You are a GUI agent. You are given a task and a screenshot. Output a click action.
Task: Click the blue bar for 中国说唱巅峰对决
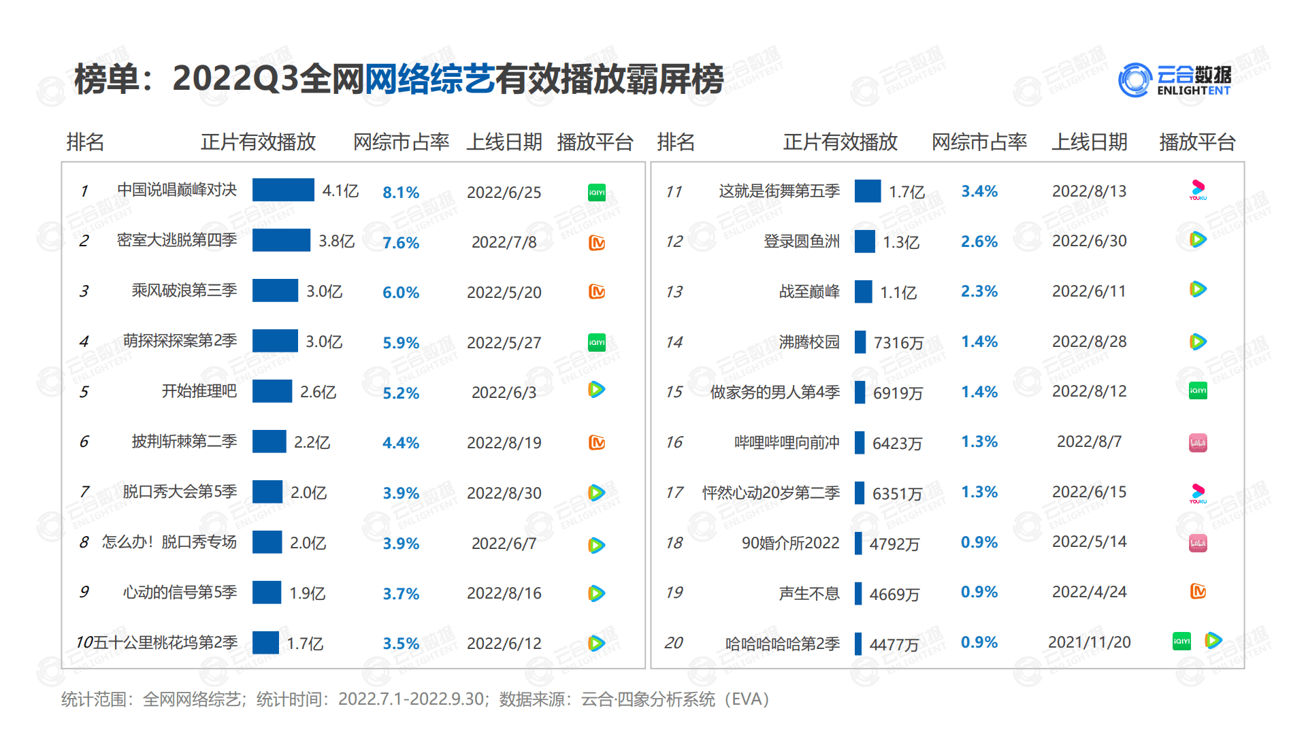pos(283,190)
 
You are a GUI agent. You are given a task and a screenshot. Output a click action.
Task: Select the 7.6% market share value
pos(401,243)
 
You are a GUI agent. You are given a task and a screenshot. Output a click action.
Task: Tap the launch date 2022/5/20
pos(504,293)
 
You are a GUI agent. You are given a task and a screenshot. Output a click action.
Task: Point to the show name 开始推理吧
pos(199,392)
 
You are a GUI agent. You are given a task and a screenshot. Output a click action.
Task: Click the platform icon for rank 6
pos(597,443)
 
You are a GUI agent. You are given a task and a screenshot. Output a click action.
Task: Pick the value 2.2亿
pos(312,443)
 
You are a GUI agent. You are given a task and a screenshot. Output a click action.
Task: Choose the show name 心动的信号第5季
pos(180,593)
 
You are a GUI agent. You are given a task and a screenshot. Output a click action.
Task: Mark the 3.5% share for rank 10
pos(401,644)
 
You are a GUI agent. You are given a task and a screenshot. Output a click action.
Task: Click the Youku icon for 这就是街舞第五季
pos(1198,190)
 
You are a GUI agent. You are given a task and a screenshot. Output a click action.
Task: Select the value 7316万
pos(898,342)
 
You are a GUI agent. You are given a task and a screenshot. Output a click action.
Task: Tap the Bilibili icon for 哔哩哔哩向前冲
pos(1198,443)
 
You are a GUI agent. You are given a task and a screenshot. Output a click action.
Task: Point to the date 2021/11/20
pos(1089,642)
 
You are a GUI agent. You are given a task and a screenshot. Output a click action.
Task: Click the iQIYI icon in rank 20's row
pos(1181,641)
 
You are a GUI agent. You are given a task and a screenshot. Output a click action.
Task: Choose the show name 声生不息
pos(809,594)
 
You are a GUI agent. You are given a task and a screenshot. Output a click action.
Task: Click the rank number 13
pos(674,292)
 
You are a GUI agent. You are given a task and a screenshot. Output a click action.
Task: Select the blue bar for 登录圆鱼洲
pos(865,241)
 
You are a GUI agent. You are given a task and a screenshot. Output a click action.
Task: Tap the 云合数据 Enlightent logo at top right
pos(1174,80)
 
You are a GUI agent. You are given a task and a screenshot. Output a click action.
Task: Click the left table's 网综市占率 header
pos(401,142)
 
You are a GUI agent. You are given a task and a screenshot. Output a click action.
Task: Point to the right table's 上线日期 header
pos(1089,142)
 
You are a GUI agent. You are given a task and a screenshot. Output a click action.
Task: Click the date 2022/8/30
pos(504,493)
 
